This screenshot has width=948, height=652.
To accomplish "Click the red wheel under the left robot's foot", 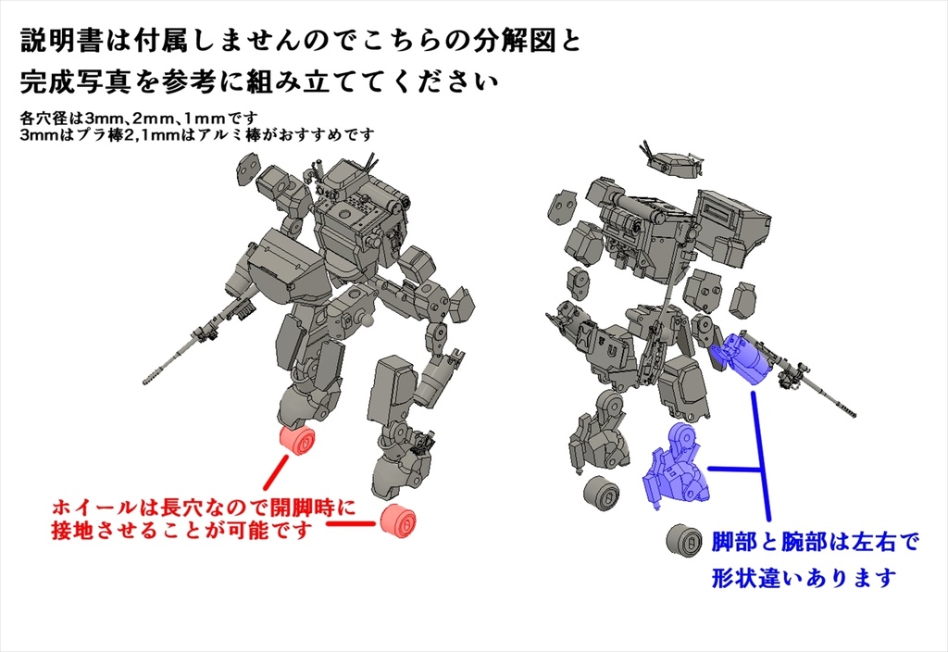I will tap(298, 442).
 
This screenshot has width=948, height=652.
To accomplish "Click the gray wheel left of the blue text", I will tap(683, 541).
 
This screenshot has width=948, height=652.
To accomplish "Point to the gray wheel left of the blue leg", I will tap(601, 493).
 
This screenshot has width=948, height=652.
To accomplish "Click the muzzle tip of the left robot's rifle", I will tap(145, 381).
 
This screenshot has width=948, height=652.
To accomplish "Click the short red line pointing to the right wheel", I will tap(349, 525).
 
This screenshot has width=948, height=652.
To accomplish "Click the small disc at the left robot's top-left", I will tap(246, 166).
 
